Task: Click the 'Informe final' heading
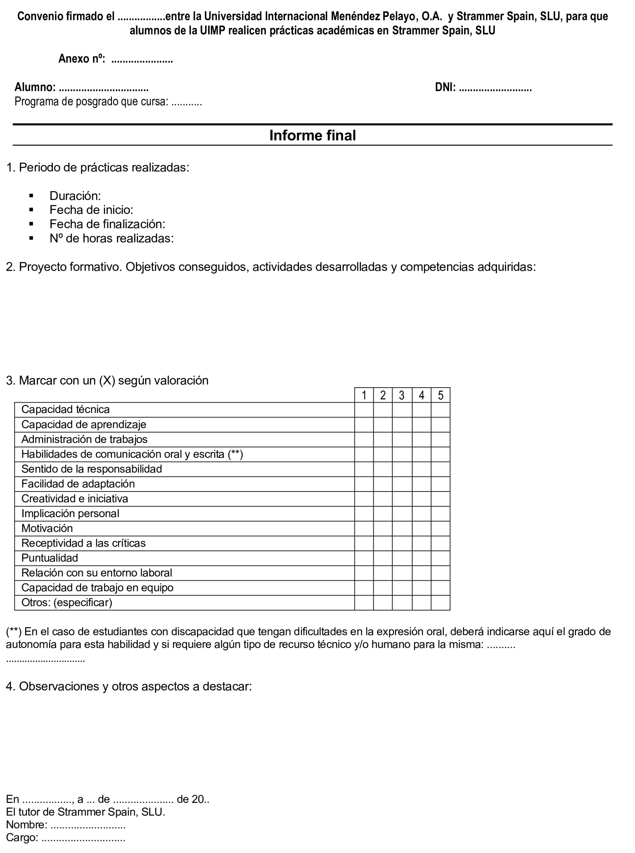(x=312, y=136)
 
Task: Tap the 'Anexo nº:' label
(x=81, y=59)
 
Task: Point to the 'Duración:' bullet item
(x=75, y=196)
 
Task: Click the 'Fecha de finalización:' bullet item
(x=107, y=224)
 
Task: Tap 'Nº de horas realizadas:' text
(x=111, y=238)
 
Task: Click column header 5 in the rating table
(x=440, y=395)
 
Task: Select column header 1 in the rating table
(x=364, y=395)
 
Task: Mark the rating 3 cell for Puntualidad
(x=402, y=558)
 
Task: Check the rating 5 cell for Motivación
(x=440, y=529)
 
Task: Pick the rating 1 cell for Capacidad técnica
(x=364, y=410)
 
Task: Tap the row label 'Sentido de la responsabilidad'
(x=92, y=469)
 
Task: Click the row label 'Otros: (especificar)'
(x=66, y=603)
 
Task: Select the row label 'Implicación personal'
(x=70, y=513)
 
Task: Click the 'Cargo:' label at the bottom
(x=22, y=838)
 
